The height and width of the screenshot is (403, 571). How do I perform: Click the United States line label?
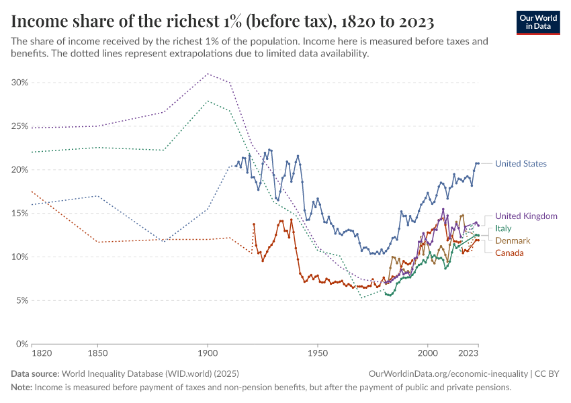[521, 164]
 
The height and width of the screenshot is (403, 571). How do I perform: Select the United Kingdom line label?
[526, 216]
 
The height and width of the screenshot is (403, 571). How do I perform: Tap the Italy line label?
[503, 228]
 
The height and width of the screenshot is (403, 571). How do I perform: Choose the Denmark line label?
[513, 240]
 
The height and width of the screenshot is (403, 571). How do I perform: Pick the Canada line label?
[509, 253]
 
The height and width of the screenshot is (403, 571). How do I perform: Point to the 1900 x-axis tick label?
[208, 353]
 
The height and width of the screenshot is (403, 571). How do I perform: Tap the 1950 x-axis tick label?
[318, 353]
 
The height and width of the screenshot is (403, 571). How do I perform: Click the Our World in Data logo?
[537, 22]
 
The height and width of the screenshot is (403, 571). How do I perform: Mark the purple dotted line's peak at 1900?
[208, 74]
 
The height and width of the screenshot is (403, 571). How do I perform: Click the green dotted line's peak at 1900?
[208, 101]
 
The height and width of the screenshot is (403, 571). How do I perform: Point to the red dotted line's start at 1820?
[32, 191]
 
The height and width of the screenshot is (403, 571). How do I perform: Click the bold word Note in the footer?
[21, 388]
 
